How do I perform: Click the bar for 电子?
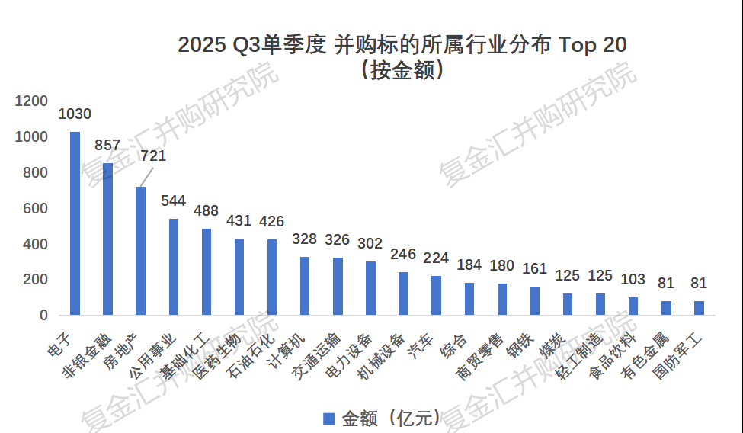click(75, 223)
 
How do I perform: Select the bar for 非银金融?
click(107, 239)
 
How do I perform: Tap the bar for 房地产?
click(140, 251)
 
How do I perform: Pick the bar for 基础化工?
click(206, 271)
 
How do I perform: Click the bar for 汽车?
click(436, 295)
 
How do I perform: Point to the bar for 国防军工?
click(699, 308)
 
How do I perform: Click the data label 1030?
click(75, 114)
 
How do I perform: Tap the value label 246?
click(403, 254)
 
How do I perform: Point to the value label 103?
click(633, 279)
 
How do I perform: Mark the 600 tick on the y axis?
click(36, 208)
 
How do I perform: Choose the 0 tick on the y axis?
click(43, 315)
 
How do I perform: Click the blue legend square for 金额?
click(329, 419)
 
